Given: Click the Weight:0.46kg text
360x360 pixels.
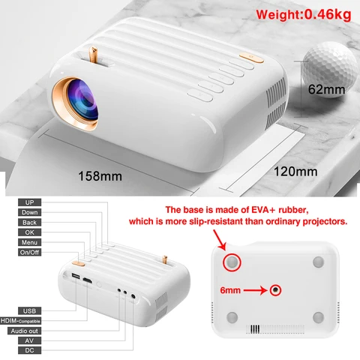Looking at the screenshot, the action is click(304, 14).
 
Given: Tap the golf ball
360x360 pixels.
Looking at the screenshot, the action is click(330, 70).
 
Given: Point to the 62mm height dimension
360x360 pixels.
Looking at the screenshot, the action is click(326, 89).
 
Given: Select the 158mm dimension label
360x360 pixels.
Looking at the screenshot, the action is click(100, 176).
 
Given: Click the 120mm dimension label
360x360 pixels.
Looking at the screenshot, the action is click(295, 172).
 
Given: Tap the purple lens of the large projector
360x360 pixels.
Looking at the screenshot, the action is click(83, 103).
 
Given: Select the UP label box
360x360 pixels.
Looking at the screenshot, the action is click(29, 202).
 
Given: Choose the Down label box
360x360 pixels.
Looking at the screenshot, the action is click(29, 212).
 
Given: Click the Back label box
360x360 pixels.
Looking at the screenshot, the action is click(29, 223).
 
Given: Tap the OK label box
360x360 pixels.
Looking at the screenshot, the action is click(29, 232).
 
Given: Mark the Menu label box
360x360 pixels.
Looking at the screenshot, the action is click(29, 242).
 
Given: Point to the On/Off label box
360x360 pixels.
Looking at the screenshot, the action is click(29, 252).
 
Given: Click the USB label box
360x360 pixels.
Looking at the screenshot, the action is click(29, 311).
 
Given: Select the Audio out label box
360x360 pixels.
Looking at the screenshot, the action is click(24, 331).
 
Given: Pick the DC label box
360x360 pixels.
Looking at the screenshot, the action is click(29, 350).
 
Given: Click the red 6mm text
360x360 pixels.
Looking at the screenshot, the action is click(230, 290).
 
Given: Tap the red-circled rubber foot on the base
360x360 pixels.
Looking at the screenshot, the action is click(232, 262).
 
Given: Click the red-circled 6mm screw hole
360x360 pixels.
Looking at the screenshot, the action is click(275, 290).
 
